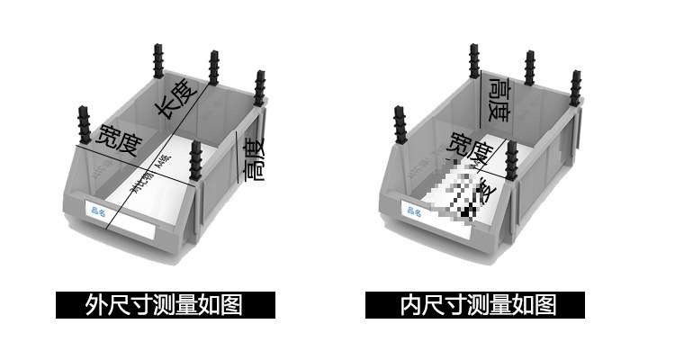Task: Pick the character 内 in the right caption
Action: [x=409, y=305]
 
